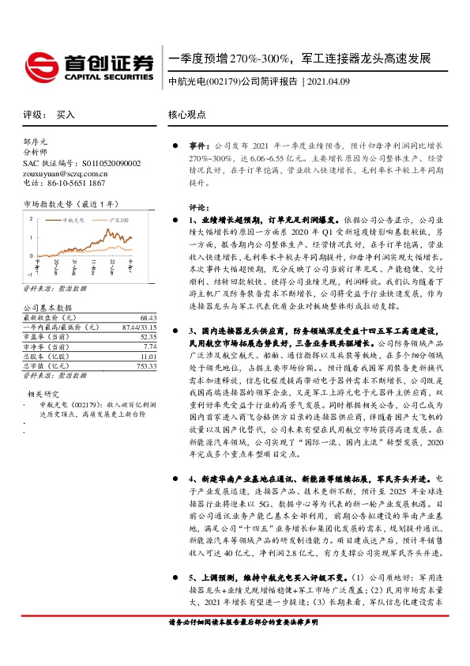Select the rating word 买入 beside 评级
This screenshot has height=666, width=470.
tap(66, 115)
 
